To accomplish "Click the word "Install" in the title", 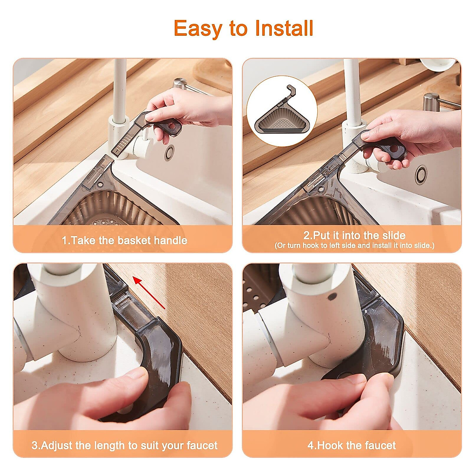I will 284,29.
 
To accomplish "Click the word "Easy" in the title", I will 198,29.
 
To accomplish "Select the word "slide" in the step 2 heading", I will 390,235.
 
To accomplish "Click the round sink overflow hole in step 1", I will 170,152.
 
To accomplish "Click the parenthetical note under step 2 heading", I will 354,245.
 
